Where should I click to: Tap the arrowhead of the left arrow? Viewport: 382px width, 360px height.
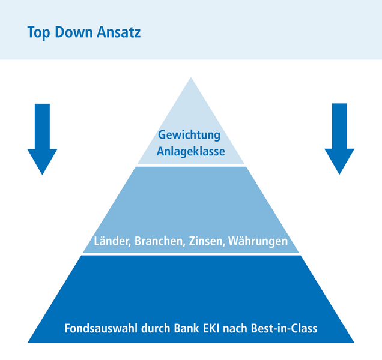point(42,161)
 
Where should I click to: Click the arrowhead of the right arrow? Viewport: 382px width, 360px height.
point(340,161)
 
